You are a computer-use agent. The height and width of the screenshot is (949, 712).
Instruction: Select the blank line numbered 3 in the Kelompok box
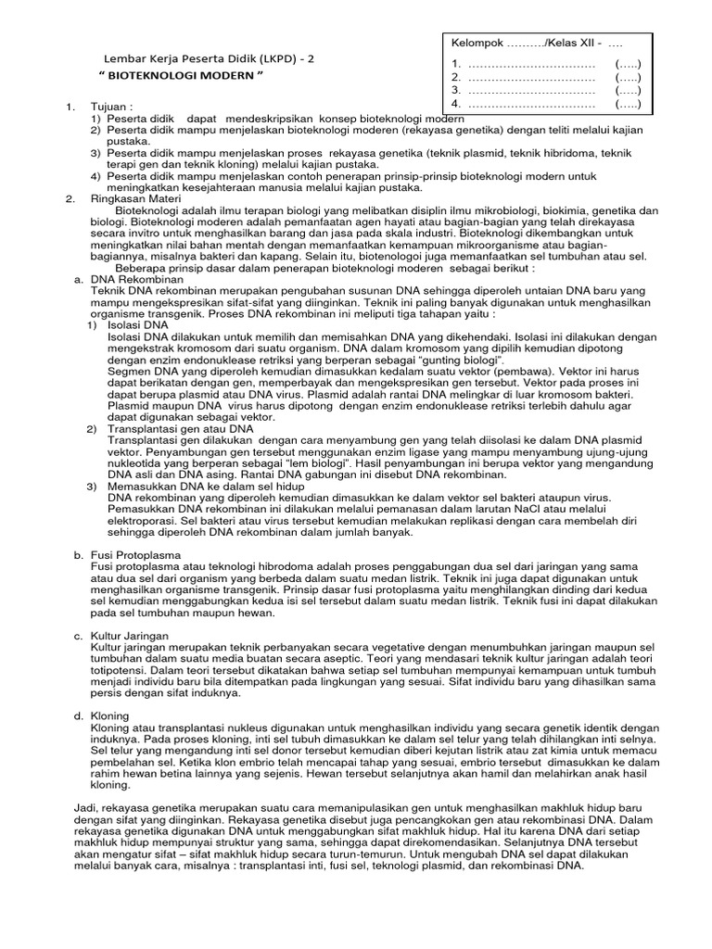[530, 91]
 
